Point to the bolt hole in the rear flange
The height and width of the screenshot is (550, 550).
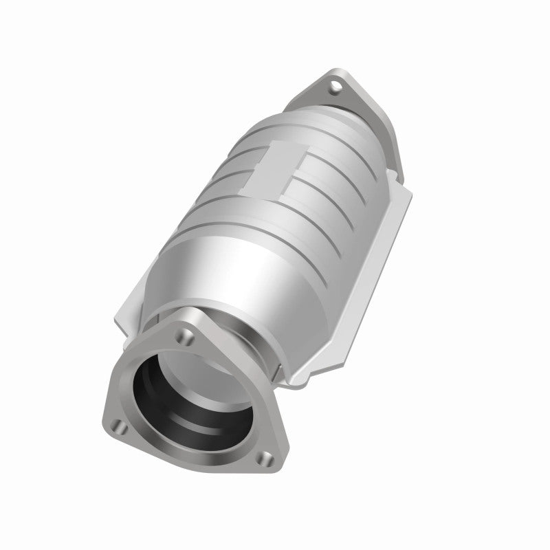click(335, 87)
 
